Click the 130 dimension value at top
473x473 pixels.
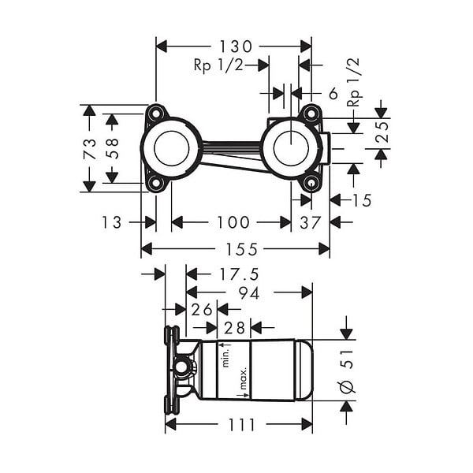click(x=235, y=47)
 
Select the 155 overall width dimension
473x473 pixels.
click(x=242, y=249)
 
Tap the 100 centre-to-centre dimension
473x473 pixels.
click(x=233, y=222)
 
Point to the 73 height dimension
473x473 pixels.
click(x=90, y=149)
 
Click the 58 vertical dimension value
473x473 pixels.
click(x=112, y=149)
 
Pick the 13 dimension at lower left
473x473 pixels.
click(x=112, y=222)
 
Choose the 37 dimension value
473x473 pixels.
click(x=310, y=223)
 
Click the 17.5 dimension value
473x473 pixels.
click(x=239, y=274)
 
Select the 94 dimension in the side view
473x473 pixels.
click(x=249, y=293)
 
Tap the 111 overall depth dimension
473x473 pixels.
click(x=242, y=425)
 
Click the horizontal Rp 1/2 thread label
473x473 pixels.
click(x=218, y=65)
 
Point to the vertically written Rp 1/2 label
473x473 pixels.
click(x=354, y=82)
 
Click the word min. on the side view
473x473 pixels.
click(x=225, y=356)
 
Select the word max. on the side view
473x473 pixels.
click(x=243, y=378)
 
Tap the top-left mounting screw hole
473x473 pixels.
click(x=156, y=114)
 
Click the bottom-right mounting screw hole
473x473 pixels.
click(x=311, y=183)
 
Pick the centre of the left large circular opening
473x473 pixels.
click(x=171, y=148)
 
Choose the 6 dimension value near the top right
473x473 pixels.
click(x=333, y=94)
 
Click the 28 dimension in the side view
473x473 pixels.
click(x=234, y=328)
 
